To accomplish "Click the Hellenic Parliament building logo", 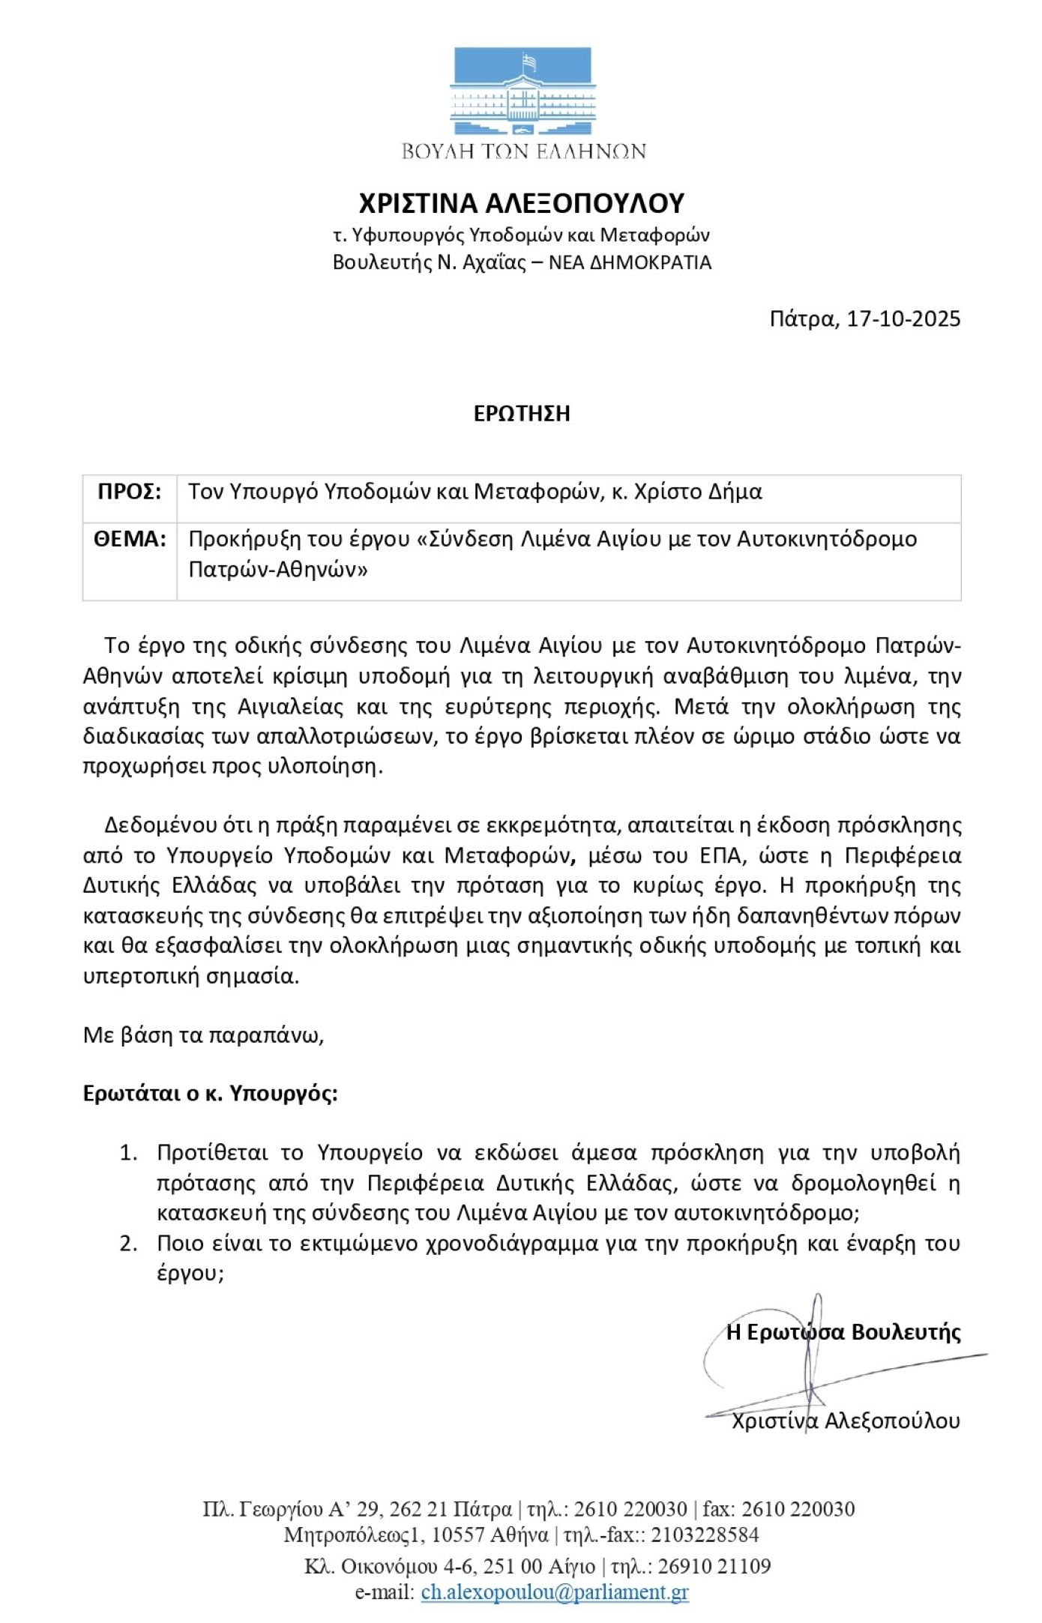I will click(x=522, y=91).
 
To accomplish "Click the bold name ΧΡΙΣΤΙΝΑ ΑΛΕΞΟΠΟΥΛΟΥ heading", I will click(x=522, y=203).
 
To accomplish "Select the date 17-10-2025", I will click(x=903, y=319).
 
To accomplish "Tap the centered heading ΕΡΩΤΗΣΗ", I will click(x=522, y=413).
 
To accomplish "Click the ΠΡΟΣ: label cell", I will click(x=130, y=492).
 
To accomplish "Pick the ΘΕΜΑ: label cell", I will click(x=130, y=539).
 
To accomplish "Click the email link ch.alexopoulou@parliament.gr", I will click(x=555, y=1591).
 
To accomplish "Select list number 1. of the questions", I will click(x=129, y=1152).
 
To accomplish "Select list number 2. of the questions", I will click(x=129, y=1243).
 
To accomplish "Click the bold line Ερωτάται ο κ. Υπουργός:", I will click(x=211, y=1094).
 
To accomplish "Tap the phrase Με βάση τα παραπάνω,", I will click(x=203, y=1035).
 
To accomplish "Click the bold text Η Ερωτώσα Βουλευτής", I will click(x=843, y=1332).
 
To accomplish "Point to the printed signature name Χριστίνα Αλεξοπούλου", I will click(x=846, y=1421).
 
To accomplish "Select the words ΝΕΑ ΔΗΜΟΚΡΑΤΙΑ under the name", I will click(x=630, y=262).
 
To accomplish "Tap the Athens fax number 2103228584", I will click(x=705, y=1535).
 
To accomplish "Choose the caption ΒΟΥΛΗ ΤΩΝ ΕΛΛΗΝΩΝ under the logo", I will click(x=523, y=151).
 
